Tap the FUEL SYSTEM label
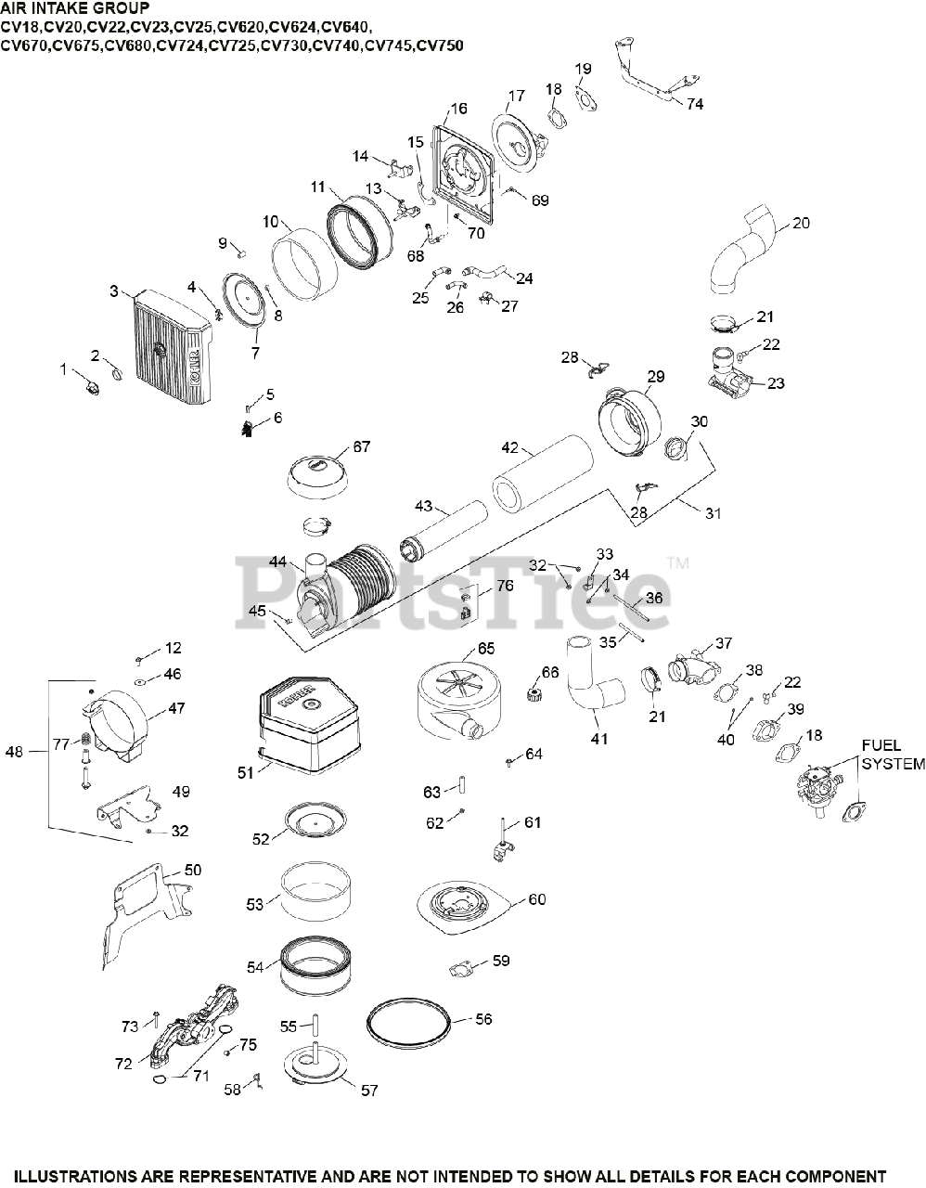point(893,755)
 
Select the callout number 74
point(695,104)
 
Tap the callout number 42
point(510,447)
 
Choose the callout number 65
point(486,649)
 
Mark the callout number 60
point(537,899)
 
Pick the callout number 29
point(656,376)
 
